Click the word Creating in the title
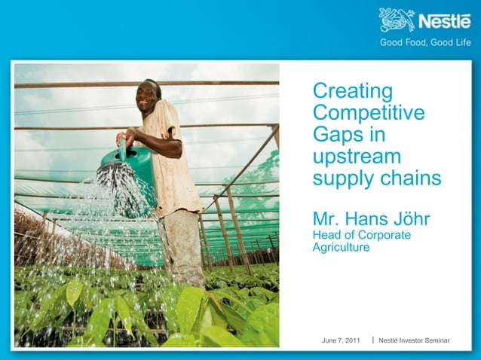coord(353,92)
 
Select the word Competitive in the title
coord(369,114)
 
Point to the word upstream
coord(357,158)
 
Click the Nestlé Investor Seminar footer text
coord(414,341)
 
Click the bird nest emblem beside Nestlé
coord(397,20)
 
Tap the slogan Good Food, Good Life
coord(425,42)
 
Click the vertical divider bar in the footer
coord(374,341)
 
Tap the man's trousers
coord(181,241)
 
